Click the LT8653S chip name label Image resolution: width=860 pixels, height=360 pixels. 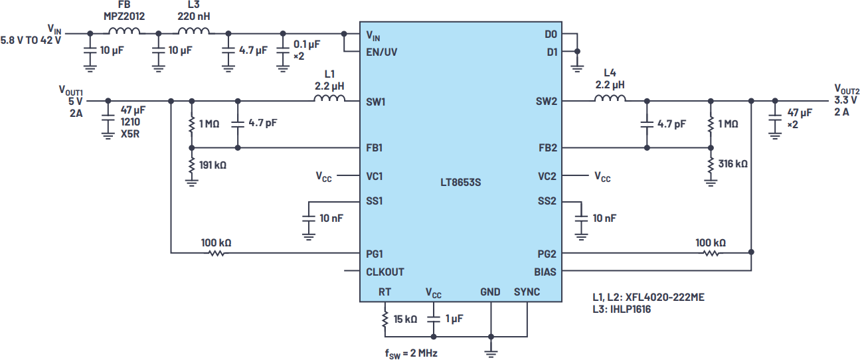coord(460,182)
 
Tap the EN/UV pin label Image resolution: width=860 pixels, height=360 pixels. coord(382,52)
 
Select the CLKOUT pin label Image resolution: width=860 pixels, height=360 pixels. coord(385,272)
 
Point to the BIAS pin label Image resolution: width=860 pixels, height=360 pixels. coord(545,272)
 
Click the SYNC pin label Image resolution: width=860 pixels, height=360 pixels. coord(527,292)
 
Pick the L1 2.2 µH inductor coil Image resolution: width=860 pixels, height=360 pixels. coord(329,98)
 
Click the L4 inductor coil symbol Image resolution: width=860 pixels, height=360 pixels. coord(610,98)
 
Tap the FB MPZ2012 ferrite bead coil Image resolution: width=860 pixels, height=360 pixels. coord(124,31)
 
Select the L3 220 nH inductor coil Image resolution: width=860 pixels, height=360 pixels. coord(194,31)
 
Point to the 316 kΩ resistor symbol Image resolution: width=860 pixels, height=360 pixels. coord(711,165)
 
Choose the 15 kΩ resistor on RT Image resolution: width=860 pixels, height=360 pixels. coord(385,319)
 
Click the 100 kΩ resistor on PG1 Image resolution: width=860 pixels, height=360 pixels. coord(216,253)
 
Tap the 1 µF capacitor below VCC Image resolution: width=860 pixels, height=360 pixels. coord(434,319)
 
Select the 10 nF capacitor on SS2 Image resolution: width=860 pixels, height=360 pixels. coord(581,219)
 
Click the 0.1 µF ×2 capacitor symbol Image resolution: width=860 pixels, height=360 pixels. coord(283,50)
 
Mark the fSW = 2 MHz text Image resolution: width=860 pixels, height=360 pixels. coord(411,353)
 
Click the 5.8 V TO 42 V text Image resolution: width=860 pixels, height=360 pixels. coord(31,41)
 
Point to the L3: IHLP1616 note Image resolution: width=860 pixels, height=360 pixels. coord(622,310)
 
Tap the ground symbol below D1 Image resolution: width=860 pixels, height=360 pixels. coord(577,68)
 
